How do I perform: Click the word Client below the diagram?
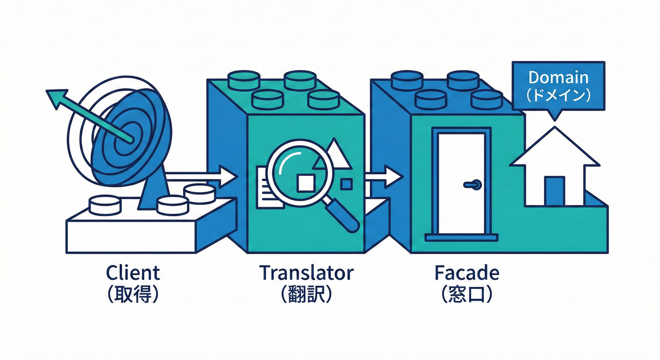(133, 272)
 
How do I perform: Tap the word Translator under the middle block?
(307, 272)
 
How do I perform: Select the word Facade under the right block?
(467, 272)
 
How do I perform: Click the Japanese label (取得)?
(133, 294)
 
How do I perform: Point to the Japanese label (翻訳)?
(307, 294)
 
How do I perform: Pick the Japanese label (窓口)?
(467, 294)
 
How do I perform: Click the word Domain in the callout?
(558, 77)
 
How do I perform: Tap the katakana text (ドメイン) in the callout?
(558, 95)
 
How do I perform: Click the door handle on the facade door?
(472, 185)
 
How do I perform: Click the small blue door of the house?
(555, 191)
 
